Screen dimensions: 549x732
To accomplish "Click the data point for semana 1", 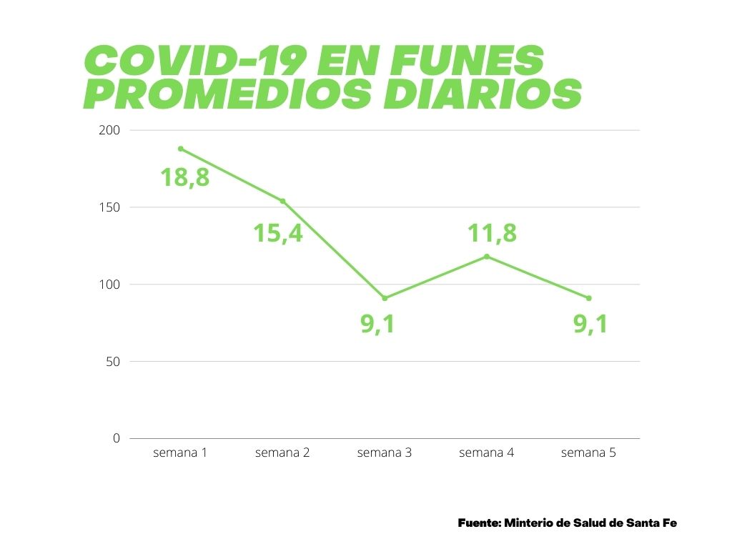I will pos(181,149).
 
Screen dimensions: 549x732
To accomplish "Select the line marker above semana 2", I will pos(283,201).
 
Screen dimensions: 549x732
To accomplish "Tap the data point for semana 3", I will pos(385,298).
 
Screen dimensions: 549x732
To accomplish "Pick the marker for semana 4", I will pos(487,257).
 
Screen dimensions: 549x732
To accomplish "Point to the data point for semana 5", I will pos(589,298).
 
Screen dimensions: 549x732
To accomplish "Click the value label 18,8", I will pos(184,177).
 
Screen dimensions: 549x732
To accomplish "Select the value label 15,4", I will pos(278,232).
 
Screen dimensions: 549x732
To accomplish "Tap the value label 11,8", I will pos(492,232).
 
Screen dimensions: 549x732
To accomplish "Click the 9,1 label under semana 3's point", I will pos(377,325).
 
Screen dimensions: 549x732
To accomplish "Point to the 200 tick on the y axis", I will pos(114,130).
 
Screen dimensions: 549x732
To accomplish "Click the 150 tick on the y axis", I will pos(114,207).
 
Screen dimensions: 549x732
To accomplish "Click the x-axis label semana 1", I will pos(180,452).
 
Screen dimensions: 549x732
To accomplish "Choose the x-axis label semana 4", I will pos(486,452).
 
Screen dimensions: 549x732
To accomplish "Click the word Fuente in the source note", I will pos(478,523).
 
